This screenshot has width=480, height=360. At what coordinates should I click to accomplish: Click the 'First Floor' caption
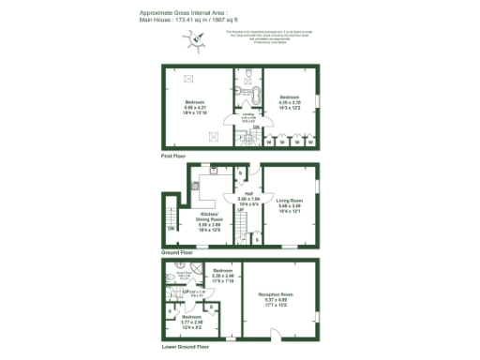(x=173, y=155)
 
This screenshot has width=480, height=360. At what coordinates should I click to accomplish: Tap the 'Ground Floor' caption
(x=176, y=253)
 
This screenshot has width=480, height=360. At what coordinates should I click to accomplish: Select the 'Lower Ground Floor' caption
(x=183, y=351)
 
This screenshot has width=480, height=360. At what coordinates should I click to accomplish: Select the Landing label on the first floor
(x=249, y=117)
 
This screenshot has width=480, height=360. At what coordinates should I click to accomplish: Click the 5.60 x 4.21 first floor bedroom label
(x=194, y=105)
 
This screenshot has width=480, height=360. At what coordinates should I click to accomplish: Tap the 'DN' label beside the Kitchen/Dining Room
(x=171, y=228)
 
